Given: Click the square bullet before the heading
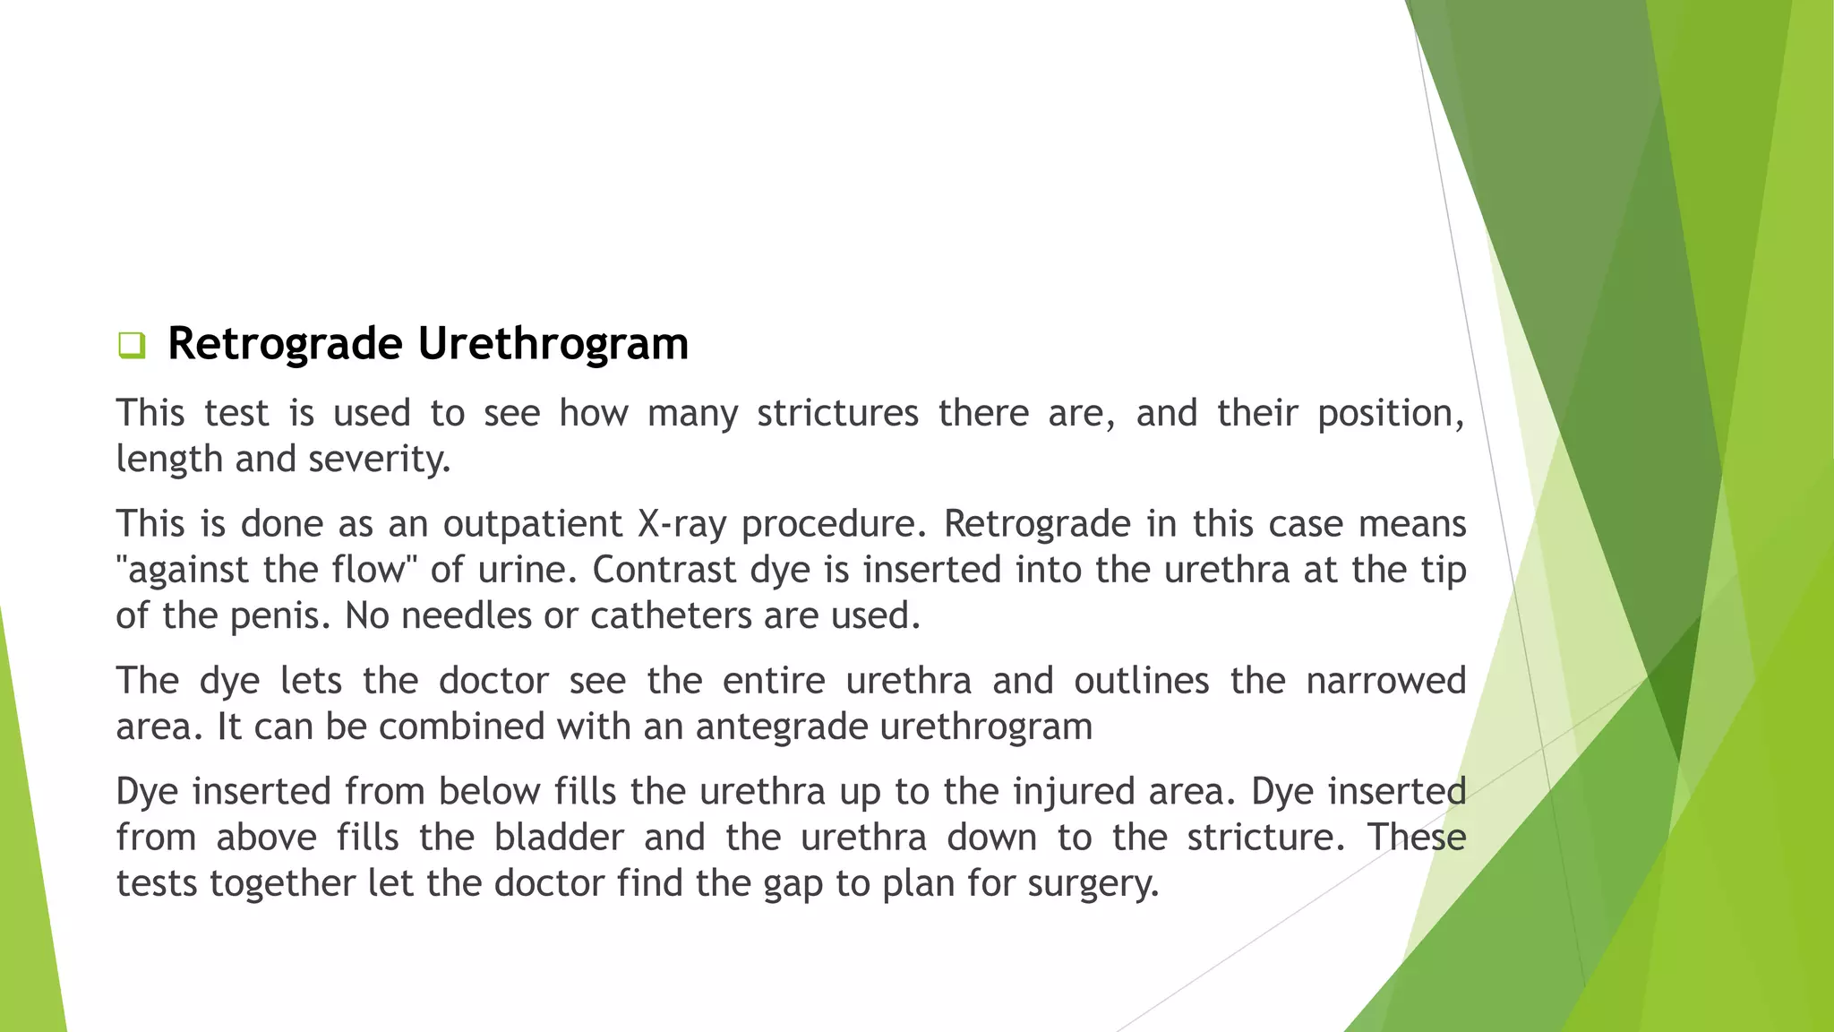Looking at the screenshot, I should [x=132, y=345].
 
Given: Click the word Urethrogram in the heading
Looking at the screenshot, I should [x=553, y=344].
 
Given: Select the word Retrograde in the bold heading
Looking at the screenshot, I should [x=285, y=344].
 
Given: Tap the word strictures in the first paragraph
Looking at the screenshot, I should [x=837, y=414].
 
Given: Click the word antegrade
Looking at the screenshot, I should [x=781, y=727].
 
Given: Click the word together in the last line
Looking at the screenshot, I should [x=283, y=884].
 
